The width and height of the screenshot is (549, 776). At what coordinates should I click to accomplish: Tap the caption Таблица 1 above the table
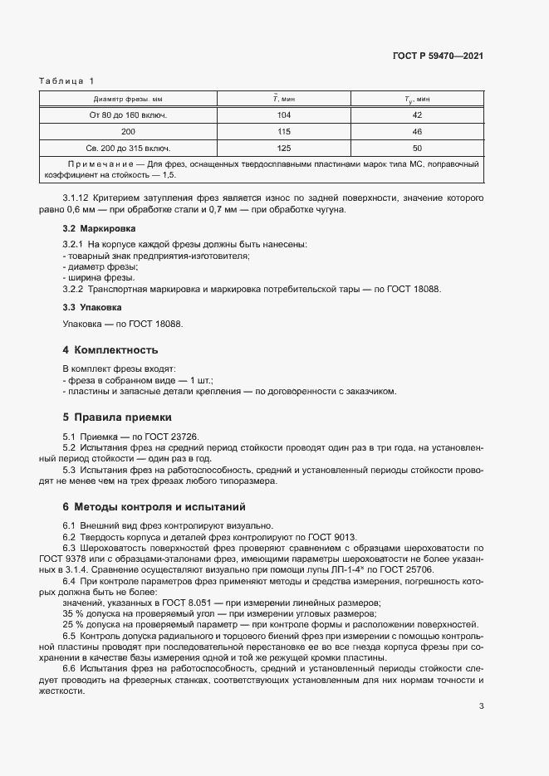pos(67,81)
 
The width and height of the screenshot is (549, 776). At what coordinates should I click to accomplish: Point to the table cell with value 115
pos(284,132)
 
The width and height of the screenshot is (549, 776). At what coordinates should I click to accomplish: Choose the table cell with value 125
pos(284,148)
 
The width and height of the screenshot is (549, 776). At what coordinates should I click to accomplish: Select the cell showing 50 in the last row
pos(417,148)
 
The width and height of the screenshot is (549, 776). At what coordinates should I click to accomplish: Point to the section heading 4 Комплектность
pos(110,349)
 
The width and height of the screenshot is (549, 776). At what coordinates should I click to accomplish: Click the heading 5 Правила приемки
pos(117,417)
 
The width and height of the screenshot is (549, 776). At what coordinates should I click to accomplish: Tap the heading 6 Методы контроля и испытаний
pos(153,506)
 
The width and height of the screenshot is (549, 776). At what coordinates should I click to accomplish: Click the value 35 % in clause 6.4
pos(75,613)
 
